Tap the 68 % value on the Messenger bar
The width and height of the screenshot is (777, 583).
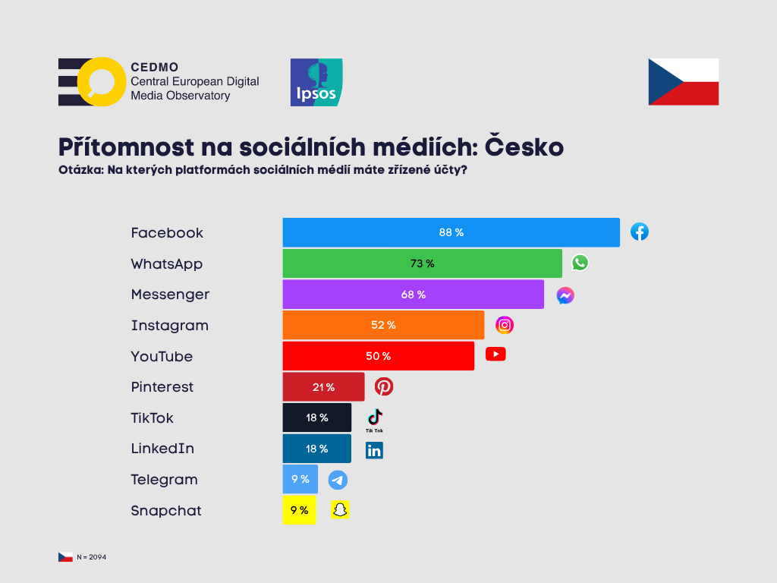[x=413, y=295]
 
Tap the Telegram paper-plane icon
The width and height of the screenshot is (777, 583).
[x=338, y=480]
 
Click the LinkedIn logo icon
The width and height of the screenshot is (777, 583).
[x=374, y=450]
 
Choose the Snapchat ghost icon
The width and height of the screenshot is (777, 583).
[x=340, y=510]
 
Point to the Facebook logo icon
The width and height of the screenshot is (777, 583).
[x=640, y=232]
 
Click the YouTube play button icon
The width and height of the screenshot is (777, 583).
[x=495, y=354]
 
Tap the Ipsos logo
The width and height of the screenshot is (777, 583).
[x=316, y=82]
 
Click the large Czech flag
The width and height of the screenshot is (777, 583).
[x=683, y=82]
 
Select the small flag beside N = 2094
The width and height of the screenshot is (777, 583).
[x=65, y=557]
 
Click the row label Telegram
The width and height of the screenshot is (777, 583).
[x=164, y=480]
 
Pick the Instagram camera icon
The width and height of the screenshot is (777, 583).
[x=505, y=325]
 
